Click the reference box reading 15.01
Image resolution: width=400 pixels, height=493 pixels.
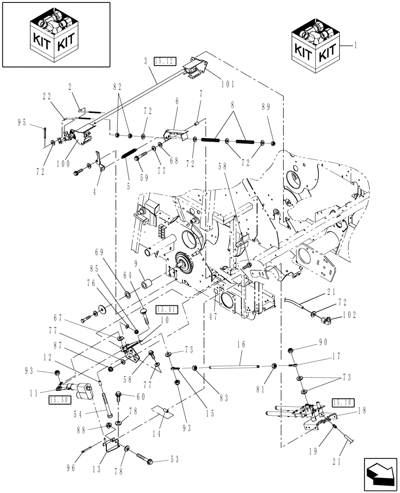click(166, 310)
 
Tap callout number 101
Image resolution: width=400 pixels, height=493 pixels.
click(228, 84)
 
